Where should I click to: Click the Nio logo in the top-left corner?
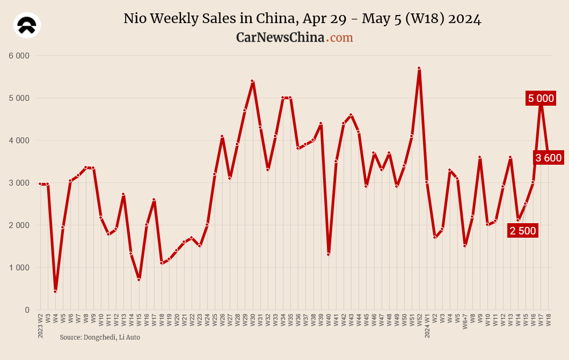coord(27,25)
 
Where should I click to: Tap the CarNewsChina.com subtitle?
coord(294,37)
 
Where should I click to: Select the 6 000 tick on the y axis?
coord(19,55)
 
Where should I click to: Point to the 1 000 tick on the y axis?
coord(19,268)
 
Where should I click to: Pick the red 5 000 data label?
coord(541,98)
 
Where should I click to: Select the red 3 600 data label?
coord(548,158)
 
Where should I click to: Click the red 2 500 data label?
coord(522,231)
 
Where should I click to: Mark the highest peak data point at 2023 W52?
coord(419,68)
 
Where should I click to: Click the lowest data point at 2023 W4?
coord(55,291)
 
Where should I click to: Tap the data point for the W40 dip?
coord(328,254)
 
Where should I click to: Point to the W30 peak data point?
coord(252,81)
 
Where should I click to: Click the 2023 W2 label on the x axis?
coord(40,326)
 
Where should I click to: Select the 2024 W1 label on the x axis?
coord(427,326)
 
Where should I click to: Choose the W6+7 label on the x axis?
coord(465,324)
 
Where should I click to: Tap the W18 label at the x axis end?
coord(548,320)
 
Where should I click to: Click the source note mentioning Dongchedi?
coord(99,337)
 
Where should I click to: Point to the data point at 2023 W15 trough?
coord(138,280)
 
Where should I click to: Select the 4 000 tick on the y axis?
coord(19,141)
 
